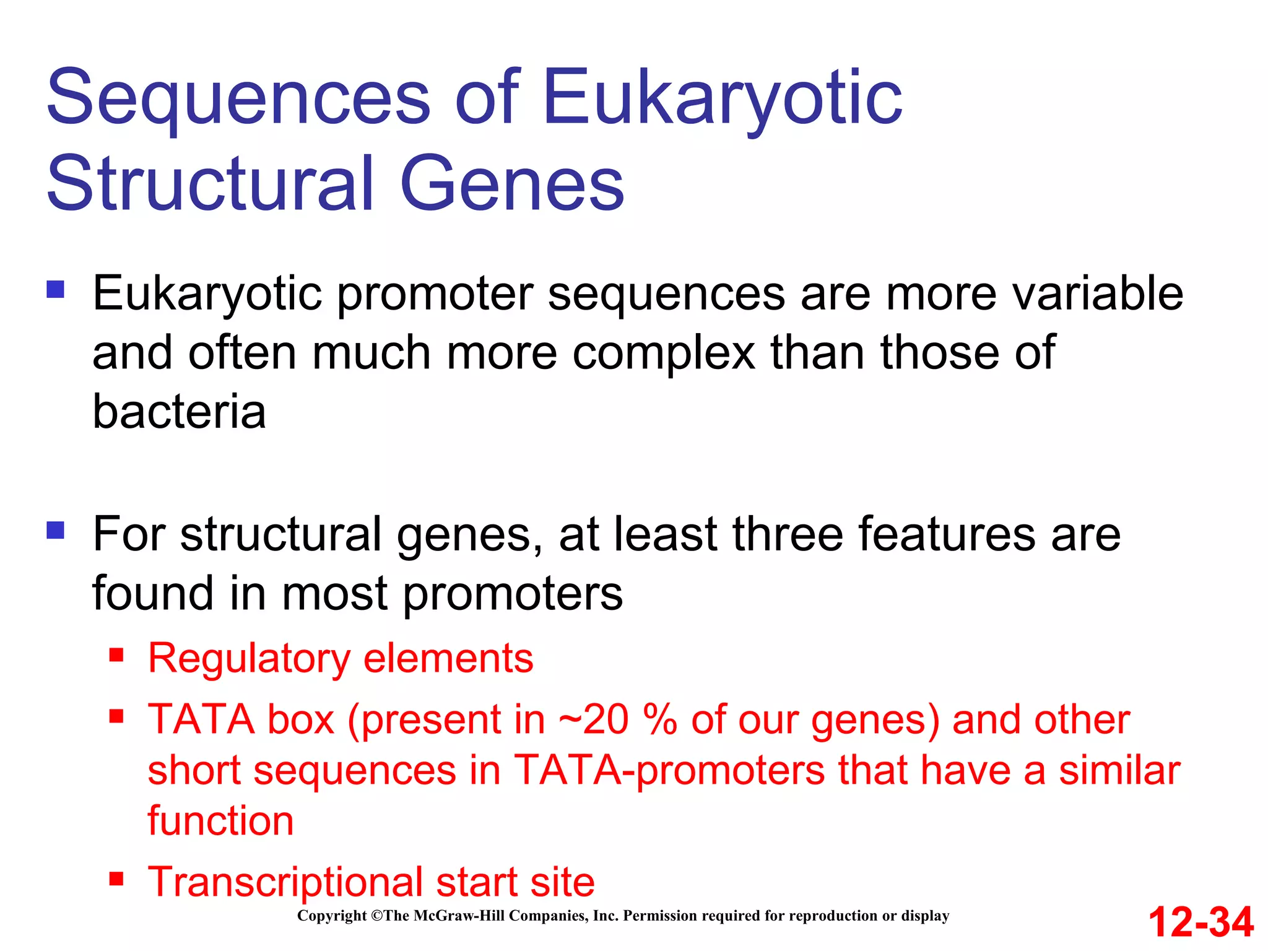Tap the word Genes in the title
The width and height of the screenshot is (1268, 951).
(x=512, y=184)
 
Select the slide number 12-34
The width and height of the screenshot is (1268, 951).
(x=1201, y=922)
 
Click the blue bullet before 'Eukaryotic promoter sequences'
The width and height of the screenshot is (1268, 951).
(x=56, y=290)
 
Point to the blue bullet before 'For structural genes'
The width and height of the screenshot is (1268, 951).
(x=56, y=531)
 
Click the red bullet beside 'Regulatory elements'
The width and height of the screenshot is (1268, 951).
(x=116, y=655)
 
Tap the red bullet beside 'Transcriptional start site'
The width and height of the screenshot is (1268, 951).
(x=116, y=879)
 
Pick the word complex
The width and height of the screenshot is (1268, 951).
(x=663, y=353)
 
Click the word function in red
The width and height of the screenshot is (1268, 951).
(x=220, y=820)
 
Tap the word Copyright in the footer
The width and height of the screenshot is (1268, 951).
(x=332, y=916)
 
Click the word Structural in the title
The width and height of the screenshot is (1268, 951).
(x=211, y=184)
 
